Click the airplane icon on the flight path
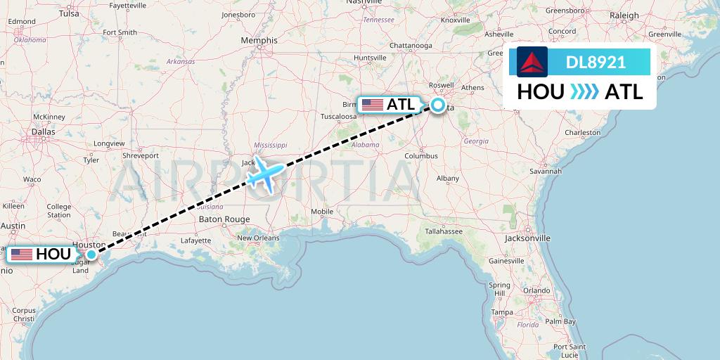[x=265, y=173]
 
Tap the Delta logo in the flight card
[x=532, y=62]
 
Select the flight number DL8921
[x=596, y=63]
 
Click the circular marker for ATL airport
[x=438, y=105]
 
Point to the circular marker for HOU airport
[x=91, y=255]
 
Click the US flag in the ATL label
[x=372, y=105]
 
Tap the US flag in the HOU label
[x=22, y=255]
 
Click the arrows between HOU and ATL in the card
[x=584, y=92]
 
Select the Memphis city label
[x=259, y=41]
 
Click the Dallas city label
[x=43, y=131]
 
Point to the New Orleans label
[x=258, y=238]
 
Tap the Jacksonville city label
[x=527, y=238]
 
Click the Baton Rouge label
[x=224, y=219]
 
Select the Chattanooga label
[x=411, y=46]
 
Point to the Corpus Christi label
[x=24, y=314]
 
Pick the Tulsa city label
[x=69, y=13]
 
